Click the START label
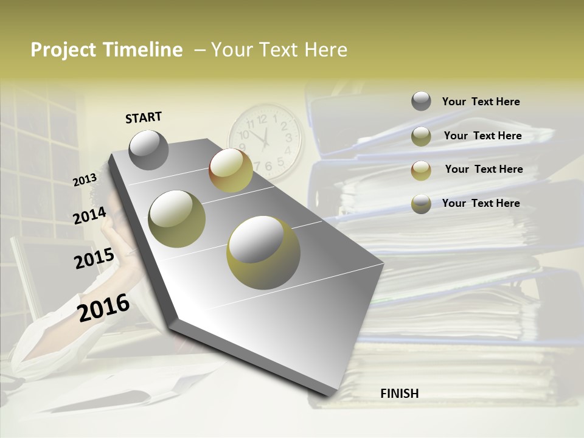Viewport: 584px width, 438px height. pos(144,117)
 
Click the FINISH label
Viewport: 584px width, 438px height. pos(399,394)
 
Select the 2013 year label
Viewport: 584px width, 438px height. pos(85,179)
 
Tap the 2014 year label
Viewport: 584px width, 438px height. pos(89,215)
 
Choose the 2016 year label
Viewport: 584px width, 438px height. pos(103,307)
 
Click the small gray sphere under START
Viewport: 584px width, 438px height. pos(148,150)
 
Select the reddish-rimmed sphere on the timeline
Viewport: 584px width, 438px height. pos(231,170)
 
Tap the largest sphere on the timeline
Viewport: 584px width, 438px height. pos(263,251)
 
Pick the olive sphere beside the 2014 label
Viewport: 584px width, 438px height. pos(177,218)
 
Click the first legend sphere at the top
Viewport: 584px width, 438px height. pos(421,101)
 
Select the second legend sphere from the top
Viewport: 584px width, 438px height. pos(421,136)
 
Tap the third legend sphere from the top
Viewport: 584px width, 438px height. pos(421,170)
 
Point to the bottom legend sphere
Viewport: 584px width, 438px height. pos(421,204)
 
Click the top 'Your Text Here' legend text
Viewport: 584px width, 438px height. pos(481,102)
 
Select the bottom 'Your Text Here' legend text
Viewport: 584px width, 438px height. pos(481,203)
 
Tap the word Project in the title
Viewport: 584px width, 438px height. pos(63,50)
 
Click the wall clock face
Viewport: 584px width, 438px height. pos(265,141)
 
